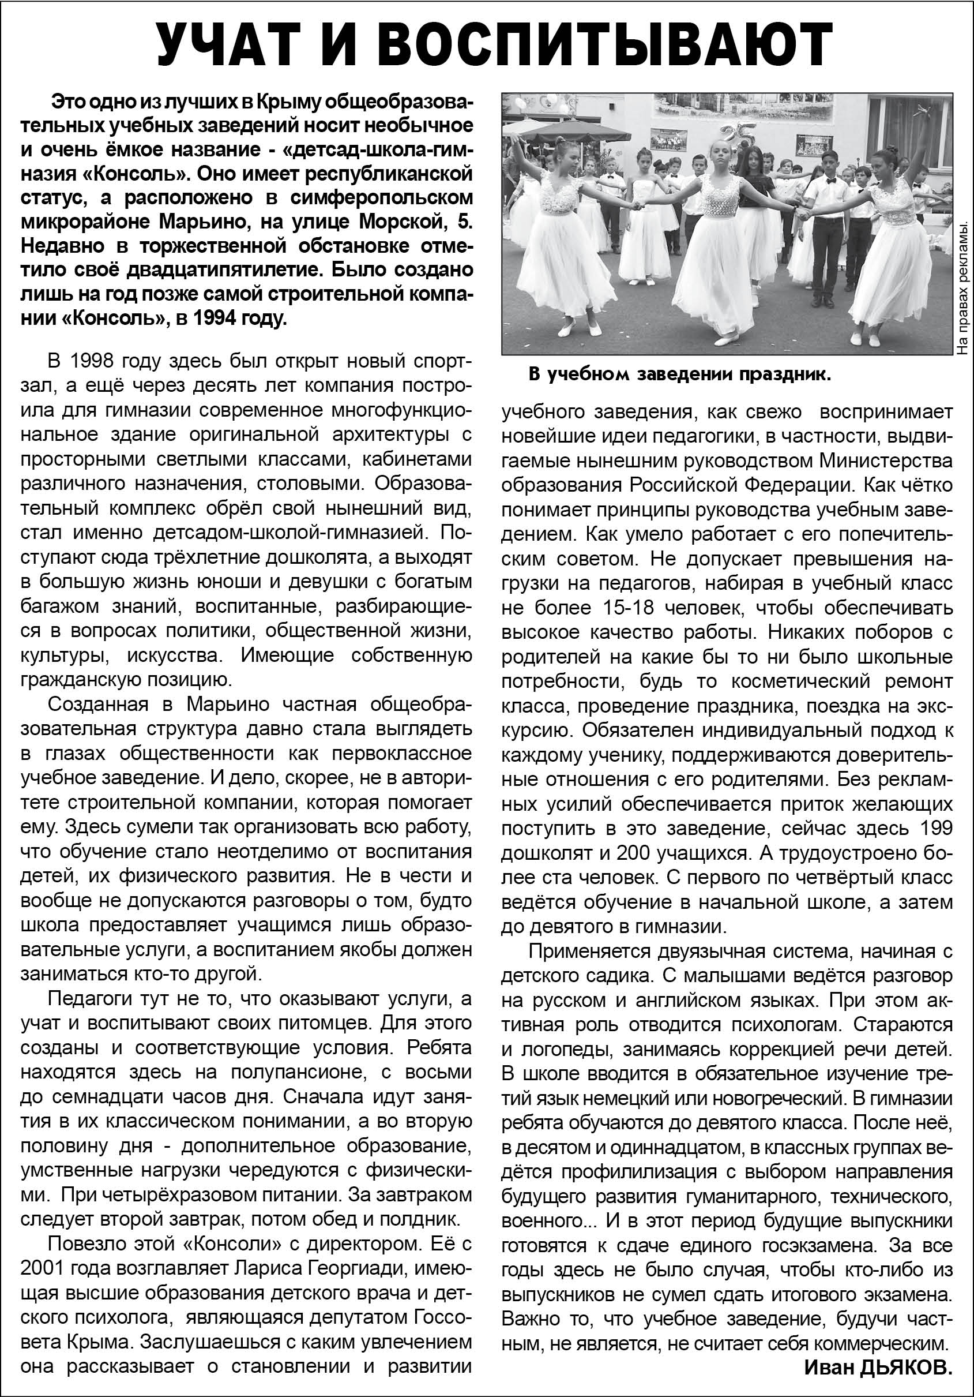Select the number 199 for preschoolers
point(932,829)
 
